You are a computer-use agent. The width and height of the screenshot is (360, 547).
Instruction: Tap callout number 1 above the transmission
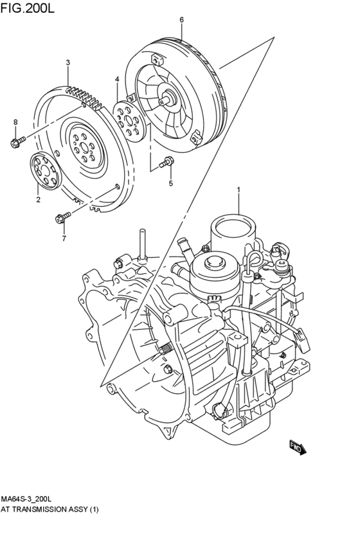click(x=239, y=190)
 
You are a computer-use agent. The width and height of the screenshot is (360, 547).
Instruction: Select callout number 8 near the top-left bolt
click(x=15, y=121)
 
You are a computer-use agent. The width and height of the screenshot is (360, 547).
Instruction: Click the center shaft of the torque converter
click(x=170, y=99)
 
